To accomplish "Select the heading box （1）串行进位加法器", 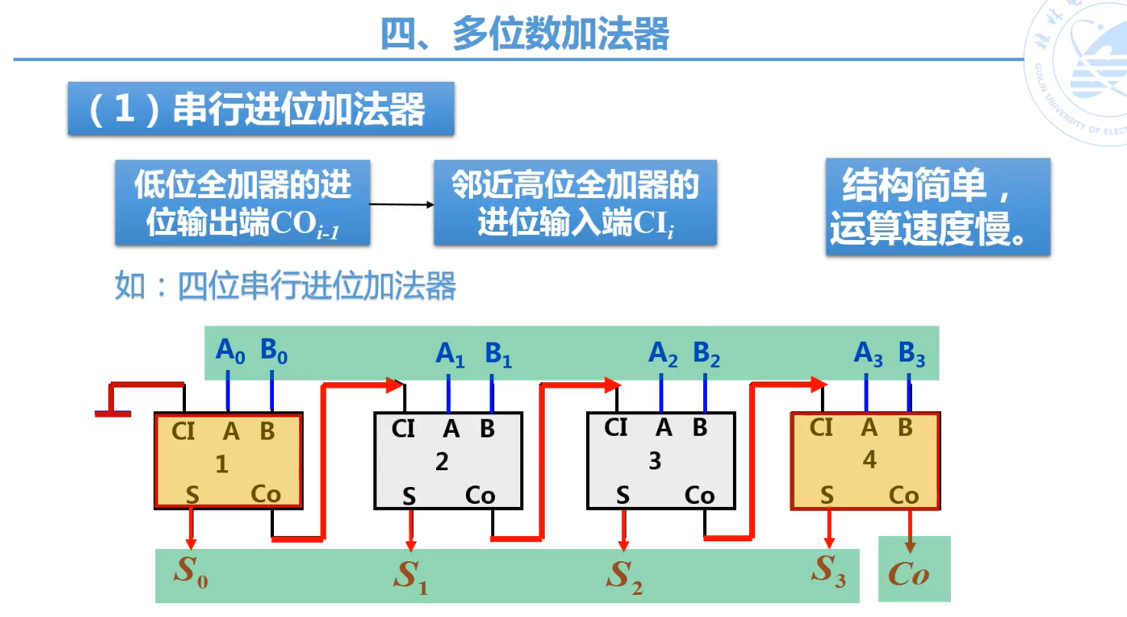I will click(x=261, y=109).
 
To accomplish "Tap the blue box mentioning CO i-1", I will click(x=243, y=203).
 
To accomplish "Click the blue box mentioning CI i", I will click(x=575, y=203).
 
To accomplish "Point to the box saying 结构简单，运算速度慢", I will click(x=937, y=206).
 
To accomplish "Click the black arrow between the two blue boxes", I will click(x=402, y=204).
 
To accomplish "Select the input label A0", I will click(x=230, y=351).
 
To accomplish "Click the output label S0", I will click(x=191, y=572).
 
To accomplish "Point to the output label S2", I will click(x=624, y=576).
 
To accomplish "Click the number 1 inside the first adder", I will click(x=222, y=464).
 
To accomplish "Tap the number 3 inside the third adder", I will click(x=654, y=462).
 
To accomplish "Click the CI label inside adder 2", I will click(x=403, y=429).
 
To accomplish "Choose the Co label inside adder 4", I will click(x=904, y=495).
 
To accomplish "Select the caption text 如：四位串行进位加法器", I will click(x=285, y=287).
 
